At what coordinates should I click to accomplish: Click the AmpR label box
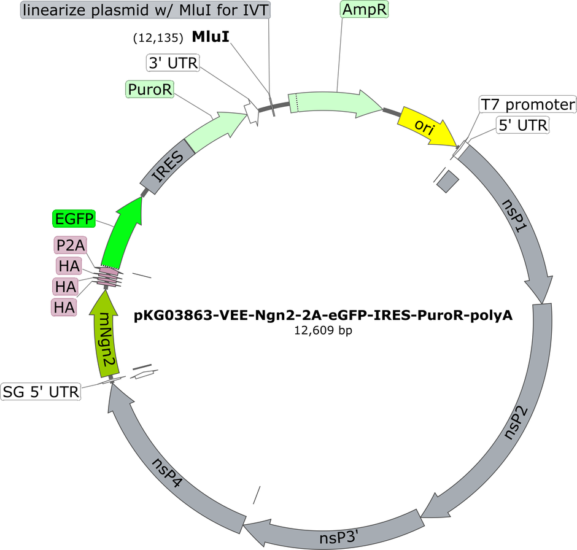(x=364, y=10)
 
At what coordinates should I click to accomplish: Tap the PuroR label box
(x=150, y=89)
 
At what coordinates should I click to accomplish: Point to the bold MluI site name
(x=211, y=36)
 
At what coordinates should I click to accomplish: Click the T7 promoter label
(x=528, y=105)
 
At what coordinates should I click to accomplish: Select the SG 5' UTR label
(x=41, y=392)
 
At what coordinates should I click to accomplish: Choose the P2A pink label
(x=71, y=245)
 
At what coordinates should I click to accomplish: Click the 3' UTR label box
(x=173, y=63)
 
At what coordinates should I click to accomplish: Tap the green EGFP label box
(x=74, y=219)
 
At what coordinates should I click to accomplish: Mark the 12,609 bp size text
(x=323, y=330)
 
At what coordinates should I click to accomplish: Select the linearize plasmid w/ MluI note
(x=145, y=10)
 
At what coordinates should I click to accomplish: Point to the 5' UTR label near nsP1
(x=523, y=125)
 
